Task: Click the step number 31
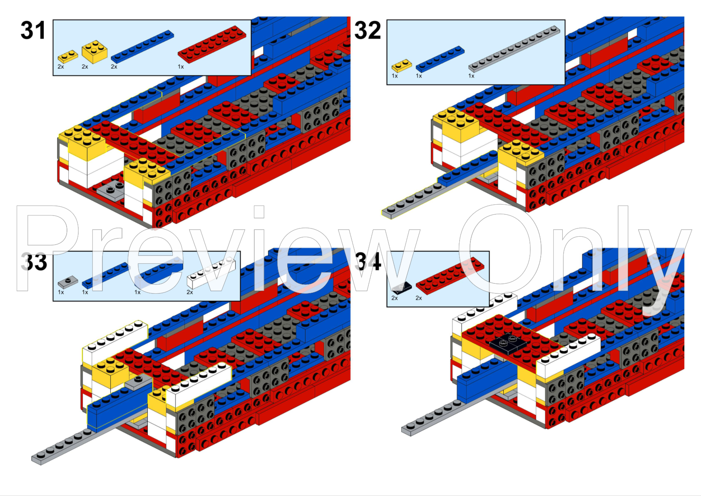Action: [x=33, y=30]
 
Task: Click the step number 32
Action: [x=368, y=30]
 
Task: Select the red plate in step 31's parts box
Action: [x=212, y=45]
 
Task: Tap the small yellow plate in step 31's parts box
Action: [x=68, y=57]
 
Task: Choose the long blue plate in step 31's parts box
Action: [x=142, y=47]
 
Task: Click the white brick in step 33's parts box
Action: [x=211, y=273]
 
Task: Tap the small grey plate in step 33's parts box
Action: [x=68, y=282]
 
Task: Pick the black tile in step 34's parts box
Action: [x=402, y=288]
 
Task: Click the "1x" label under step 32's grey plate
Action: [x=471, y=76]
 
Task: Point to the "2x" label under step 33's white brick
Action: [x=190, y=292]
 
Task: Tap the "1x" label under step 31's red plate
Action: [x=181, y=67]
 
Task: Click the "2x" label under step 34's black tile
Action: [x=394, y=298]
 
